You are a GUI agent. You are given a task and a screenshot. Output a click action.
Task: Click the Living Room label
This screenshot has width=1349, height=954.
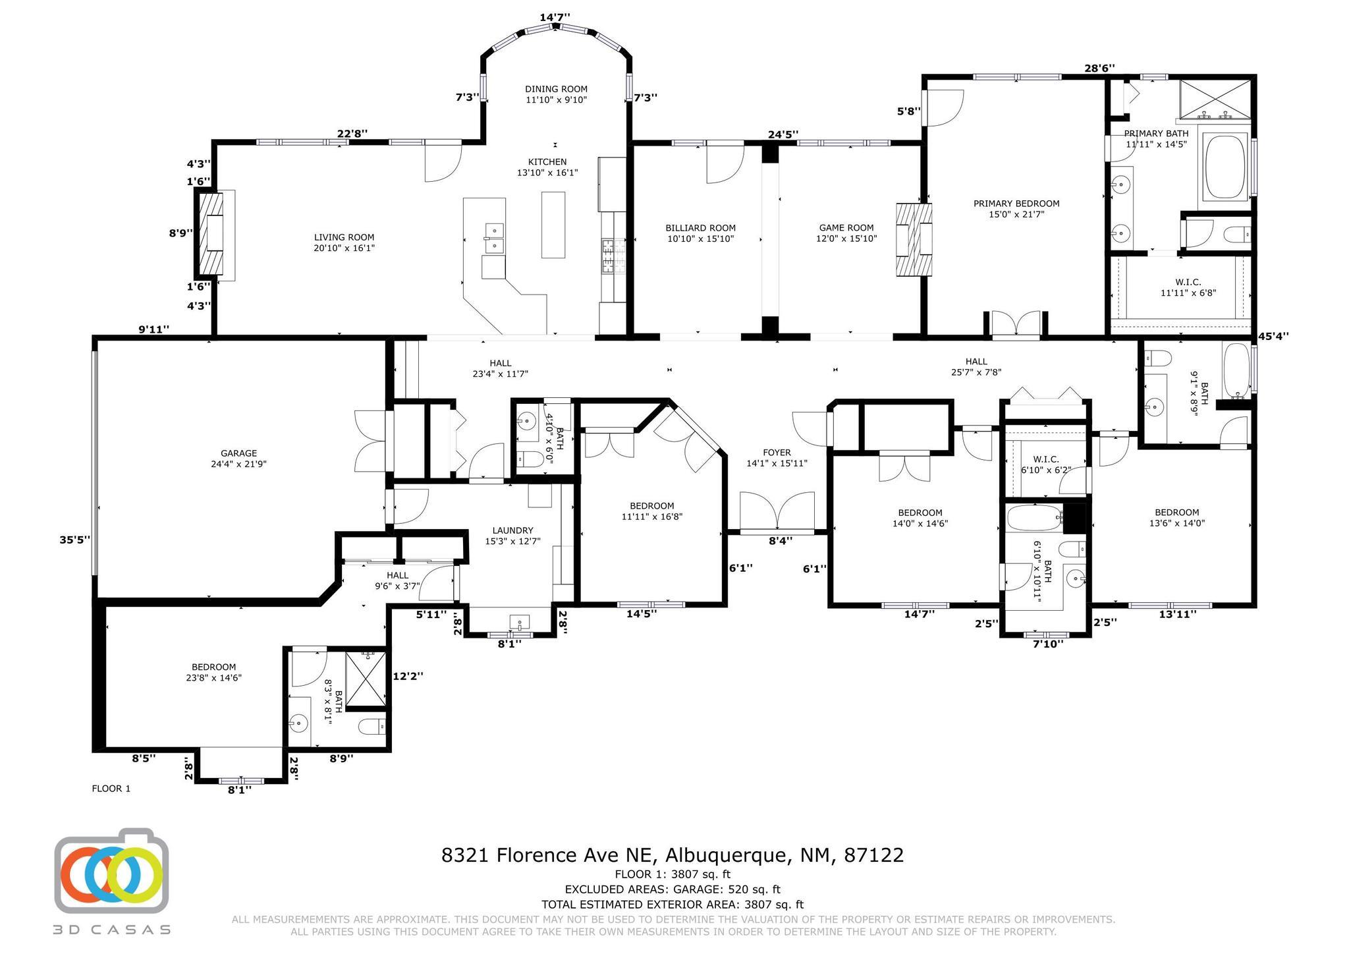344,242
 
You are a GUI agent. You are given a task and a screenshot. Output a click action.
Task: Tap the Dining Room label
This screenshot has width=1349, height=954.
556,94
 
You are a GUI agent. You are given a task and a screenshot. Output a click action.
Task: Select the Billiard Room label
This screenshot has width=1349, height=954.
700,233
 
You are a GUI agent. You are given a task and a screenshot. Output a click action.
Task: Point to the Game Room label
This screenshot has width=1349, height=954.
846,233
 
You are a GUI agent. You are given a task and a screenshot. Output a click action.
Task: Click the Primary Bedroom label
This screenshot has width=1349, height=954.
1016,209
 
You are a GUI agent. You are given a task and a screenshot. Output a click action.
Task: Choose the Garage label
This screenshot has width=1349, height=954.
238,459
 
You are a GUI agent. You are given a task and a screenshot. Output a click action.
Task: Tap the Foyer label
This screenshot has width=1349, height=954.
777,458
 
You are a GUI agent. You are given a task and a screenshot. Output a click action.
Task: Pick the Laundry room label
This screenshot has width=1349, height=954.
512,536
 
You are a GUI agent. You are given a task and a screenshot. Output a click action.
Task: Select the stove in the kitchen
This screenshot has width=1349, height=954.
606,256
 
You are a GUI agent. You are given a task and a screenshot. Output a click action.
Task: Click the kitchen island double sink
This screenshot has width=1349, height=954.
493,238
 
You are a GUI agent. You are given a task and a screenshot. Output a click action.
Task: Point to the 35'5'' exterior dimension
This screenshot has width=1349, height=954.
74,540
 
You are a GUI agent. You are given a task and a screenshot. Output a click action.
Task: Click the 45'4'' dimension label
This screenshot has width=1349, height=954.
1273,336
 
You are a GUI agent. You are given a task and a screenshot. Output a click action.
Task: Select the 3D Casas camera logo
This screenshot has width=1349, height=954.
111,870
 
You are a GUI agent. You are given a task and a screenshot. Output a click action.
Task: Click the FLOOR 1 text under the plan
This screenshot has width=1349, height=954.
111,788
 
